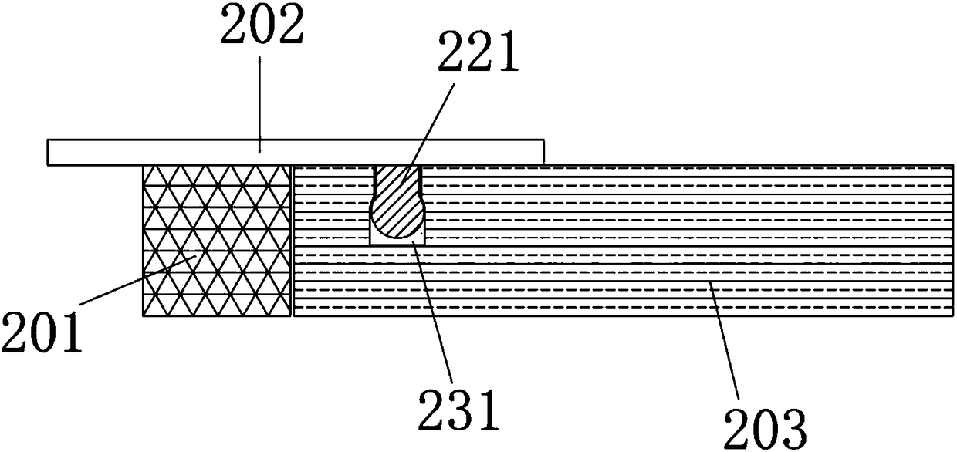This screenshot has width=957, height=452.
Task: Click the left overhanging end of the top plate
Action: click(x=93, y=152)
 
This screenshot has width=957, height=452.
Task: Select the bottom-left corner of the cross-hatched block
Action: click(x=144, y=315)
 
